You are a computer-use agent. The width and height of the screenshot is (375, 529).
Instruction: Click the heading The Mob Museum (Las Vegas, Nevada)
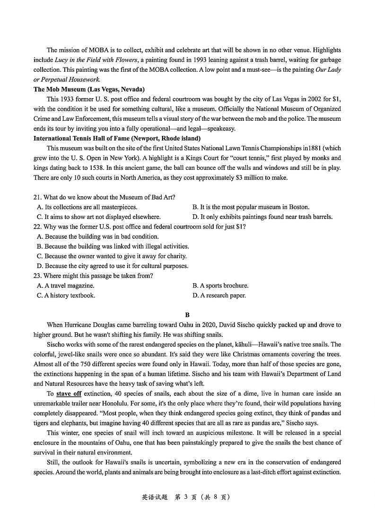click(89, 89)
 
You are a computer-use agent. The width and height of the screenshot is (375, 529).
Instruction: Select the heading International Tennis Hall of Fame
click(117, 138)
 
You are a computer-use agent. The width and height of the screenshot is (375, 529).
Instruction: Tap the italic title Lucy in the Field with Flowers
click(96, 59)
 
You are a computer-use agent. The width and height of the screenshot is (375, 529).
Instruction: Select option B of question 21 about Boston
click(251, 207)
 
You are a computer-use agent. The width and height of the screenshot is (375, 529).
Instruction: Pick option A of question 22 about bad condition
click(97, 236)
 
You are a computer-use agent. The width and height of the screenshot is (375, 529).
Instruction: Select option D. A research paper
click(219, 295)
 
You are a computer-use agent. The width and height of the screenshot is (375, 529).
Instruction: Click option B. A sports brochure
click(220, 285)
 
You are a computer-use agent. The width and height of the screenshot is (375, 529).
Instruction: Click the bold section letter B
click(187, 315)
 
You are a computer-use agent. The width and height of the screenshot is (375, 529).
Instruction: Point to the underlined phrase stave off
click(69, 394)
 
